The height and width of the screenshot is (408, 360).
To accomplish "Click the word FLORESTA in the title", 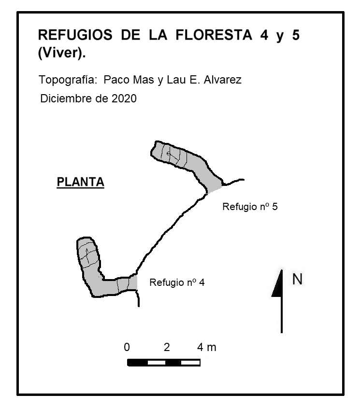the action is point(214,35).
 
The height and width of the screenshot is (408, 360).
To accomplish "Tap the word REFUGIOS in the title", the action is point(75,35).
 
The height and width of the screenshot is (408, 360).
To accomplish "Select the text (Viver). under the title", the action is point(62,53).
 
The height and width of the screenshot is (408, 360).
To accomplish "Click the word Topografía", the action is point(68,80).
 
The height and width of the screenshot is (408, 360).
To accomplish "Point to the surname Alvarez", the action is point(222,80).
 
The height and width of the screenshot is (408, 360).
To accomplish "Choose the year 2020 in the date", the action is point(124,98).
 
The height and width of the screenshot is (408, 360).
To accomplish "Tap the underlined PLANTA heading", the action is point(81,182).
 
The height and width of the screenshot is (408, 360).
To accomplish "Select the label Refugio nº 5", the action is point(250,207).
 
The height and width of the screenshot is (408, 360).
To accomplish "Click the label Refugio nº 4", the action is point(177,282).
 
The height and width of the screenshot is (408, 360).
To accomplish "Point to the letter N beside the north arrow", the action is point(297,279).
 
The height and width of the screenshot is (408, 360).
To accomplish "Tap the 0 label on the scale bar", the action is point(127,347).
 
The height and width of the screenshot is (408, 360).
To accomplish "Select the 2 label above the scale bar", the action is point(167,347).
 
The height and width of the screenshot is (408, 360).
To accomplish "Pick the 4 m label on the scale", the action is point(206,347).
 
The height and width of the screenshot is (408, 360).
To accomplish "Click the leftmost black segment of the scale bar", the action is point(138,363).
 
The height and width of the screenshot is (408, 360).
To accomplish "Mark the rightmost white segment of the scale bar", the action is point(190,363).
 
